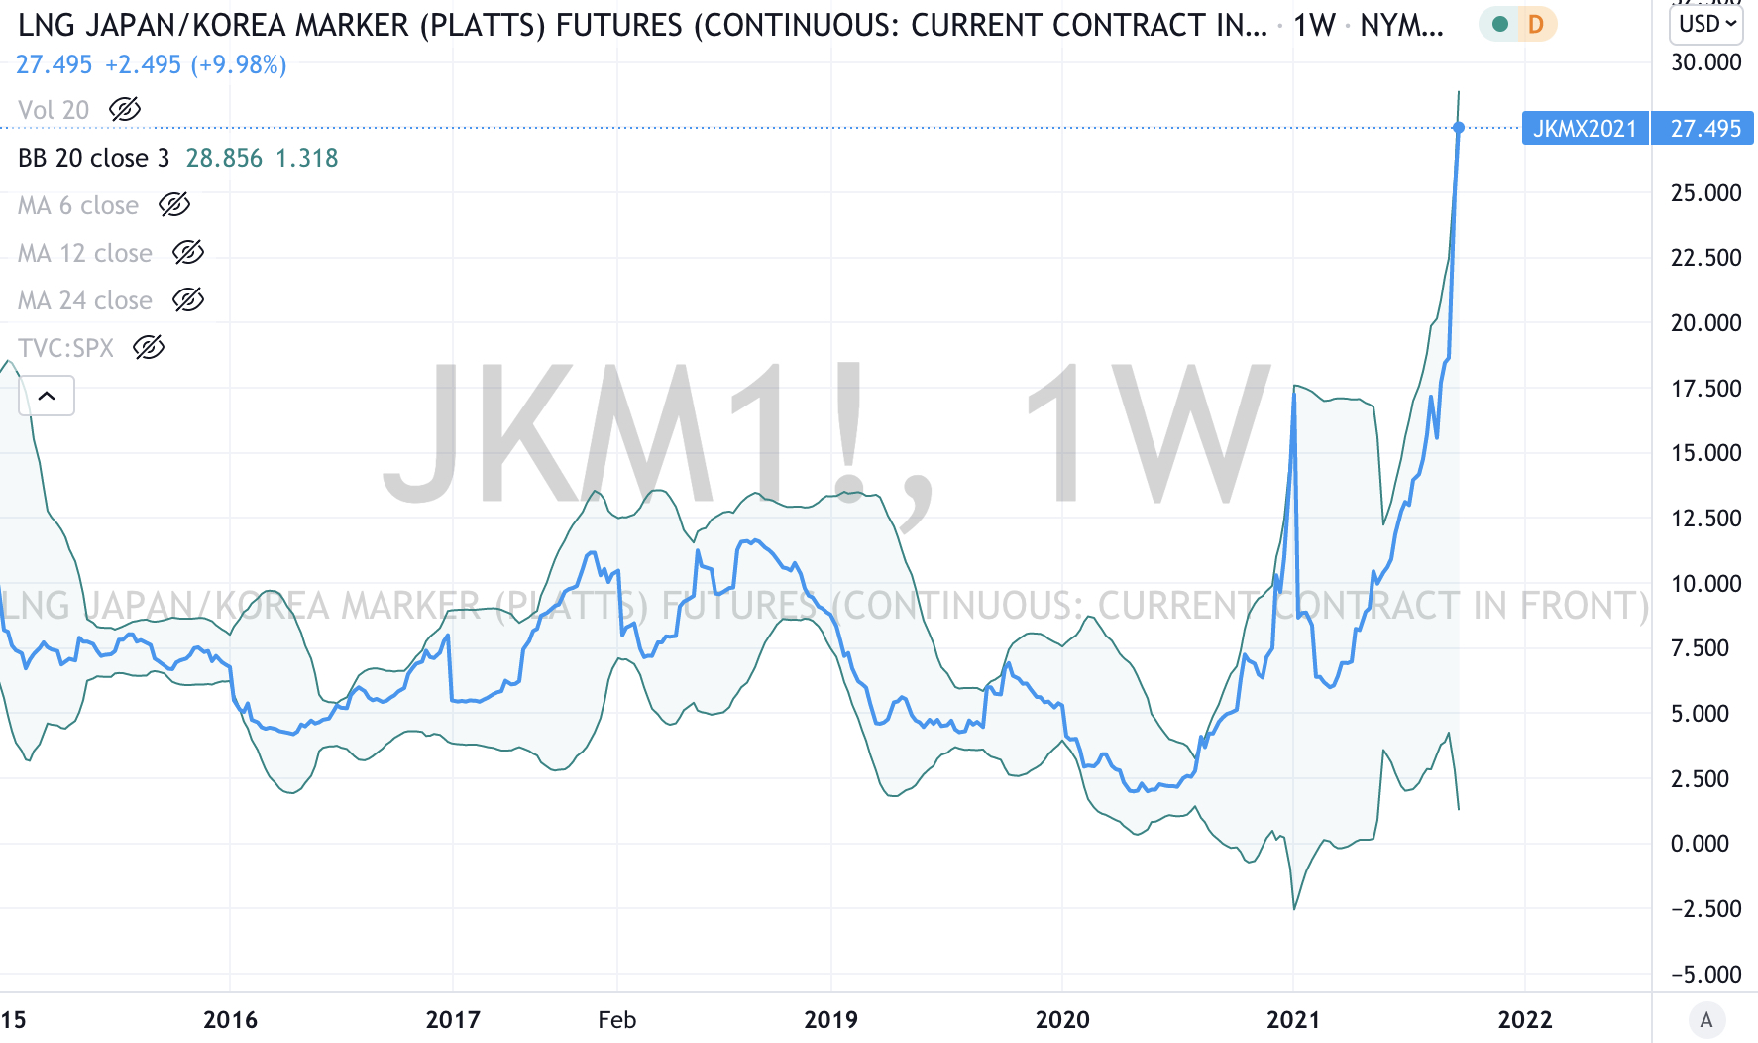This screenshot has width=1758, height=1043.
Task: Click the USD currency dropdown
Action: pos(1708,24)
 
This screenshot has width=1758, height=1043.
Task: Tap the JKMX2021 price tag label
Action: pos(1585,129)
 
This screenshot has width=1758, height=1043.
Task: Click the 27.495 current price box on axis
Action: pos(1704,129)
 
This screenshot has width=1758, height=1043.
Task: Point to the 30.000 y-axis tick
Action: pos(1705,62)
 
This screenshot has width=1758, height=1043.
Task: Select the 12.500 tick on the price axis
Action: pos(1705,519)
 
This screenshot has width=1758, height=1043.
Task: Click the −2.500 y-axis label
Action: pos(1704,909)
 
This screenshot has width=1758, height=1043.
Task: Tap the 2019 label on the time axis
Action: pos(830,1020)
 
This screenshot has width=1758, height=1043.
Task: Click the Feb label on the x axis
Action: pos(616,1020)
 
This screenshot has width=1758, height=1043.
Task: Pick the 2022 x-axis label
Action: pos(1524,1020)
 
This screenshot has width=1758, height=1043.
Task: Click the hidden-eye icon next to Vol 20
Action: pos(125,110)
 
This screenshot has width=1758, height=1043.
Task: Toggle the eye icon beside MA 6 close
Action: pos(174,205)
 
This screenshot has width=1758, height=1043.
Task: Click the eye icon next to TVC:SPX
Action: pos(149,348)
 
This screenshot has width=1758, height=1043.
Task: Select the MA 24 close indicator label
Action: pos(85,300)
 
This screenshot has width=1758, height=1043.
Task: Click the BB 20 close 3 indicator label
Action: pos(93,158)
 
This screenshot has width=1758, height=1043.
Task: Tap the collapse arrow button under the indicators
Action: pos(47,396)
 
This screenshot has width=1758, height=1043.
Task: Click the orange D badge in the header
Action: pos(1536,24)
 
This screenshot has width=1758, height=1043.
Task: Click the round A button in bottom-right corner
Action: pos(1705,1019)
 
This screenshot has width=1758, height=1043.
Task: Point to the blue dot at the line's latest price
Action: pos(1459,128)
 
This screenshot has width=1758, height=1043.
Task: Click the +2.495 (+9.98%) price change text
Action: pos(195,65)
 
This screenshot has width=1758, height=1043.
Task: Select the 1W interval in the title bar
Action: pos(1314,25)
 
